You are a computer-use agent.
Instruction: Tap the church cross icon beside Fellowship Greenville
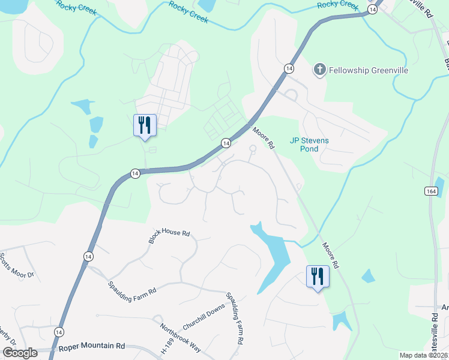click(319, 70)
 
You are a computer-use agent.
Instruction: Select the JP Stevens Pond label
click(309, 145)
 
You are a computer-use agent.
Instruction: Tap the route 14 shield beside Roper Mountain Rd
click(59, 332)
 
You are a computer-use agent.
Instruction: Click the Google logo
click(20, 352)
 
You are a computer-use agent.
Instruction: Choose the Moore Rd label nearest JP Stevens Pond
click(263, 137)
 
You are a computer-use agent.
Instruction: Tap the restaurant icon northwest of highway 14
click(145, 125)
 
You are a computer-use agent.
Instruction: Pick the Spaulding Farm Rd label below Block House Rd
click(132, 287)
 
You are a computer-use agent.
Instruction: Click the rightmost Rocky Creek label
click(337, 5)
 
